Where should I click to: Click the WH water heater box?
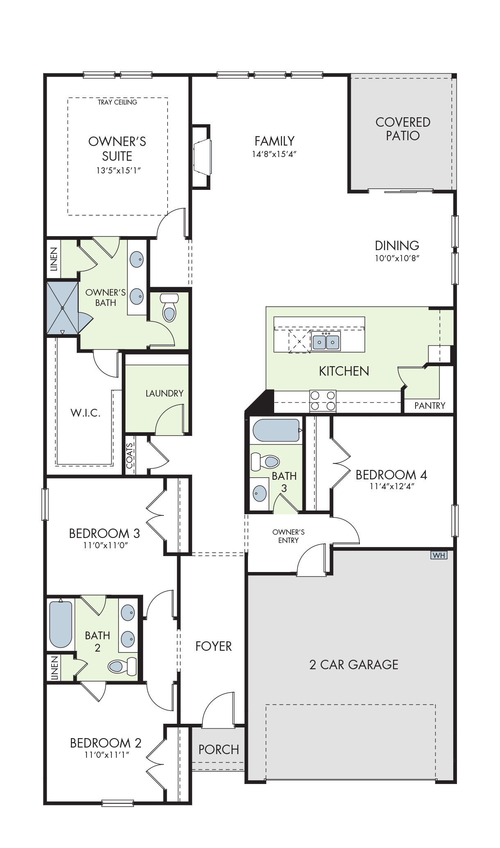[439, 555]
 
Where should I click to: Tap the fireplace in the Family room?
[202, 157]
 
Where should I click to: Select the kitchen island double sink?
[326, 341]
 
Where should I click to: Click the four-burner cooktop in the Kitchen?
[323, 401]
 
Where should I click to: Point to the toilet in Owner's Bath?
[168, 307]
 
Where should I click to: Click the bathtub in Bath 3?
[277, 430]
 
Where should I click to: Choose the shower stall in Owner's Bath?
[62, 308]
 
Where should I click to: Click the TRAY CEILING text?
[117, 102]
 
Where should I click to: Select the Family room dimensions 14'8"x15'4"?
[274, 154]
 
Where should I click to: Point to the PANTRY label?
[430, 406]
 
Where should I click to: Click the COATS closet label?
[130, 456]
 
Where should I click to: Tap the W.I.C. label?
[86, 413]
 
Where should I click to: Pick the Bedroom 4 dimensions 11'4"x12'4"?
[392, 486]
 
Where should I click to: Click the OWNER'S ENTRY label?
[289, 536]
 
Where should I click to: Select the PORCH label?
[218, 750]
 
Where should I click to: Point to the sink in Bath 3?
[259, 492]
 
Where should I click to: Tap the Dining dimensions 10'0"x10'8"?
[397, 258]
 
